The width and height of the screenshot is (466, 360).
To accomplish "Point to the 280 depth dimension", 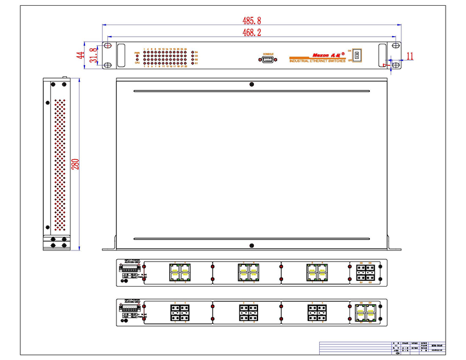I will point(75,164).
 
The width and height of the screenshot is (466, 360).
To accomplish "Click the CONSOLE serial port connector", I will point(268,59).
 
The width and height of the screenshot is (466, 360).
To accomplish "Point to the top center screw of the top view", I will point(251,84).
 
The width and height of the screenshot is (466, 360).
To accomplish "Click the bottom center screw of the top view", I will point(251,245).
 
